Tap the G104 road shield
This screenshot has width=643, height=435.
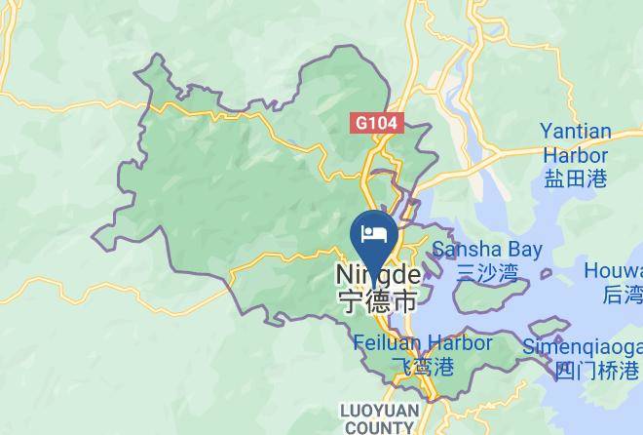click(x=377, y=123)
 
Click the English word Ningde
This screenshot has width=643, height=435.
click(x=378, y=276)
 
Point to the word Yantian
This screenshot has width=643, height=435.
click(x=576, y=132)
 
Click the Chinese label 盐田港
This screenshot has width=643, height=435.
click(x=576, y=178)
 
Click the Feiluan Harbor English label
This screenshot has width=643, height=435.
click(x=422, y=343)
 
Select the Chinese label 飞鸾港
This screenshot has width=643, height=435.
click(x=422, y=368)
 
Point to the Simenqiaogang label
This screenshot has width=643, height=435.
click(x=583, y=347)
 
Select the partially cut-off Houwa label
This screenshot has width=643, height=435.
click(x=614, y=270)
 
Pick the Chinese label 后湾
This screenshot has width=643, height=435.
click(x=623, y=294)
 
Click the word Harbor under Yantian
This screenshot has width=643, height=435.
click(x=575, y=155)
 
